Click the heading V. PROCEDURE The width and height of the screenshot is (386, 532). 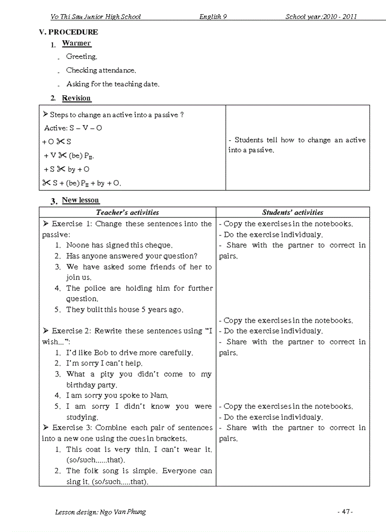point(69,32)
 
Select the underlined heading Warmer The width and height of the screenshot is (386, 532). point(76,44)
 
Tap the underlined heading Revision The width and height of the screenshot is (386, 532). point(76,98)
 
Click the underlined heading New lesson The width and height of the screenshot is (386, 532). point(80,200)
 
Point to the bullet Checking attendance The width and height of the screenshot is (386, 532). point(101,70)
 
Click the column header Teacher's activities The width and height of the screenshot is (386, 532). point(127,213)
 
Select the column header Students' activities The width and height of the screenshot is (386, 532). point(292,213)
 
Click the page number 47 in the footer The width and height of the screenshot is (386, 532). point(345,512)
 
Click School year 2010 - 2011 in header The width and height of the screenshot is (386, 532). point(321,17)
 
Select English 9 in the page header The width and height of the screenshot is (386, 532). point(213,17)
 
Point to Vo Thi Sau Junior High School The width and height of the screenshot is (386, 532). point(96,17)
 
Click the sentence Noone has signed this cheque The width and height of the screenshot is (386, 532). point(119,245)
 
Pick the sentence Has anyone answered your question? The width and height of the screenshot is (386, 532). point(132,256)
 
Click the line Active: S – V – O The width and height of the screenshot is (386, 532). point(73,128)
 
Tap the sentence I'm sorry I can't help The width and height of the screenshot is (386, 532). point(104,363)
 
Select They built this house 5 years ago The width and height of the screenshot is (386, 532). point(124,310)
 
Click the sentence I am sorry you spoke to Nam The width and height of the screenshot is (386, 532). point(117,395)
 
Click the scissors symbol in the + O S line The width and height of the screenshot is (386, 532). point(61,141)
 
